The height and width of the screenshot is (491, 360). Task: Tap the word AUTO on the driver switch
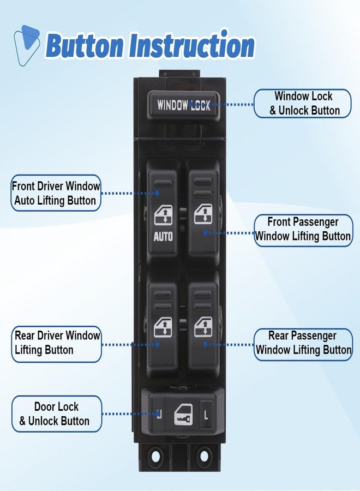pyautogui.click(x=163, y=236)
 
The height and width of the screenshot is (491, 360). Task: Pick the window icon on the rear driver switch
pyautogui.click(x=163, y=327)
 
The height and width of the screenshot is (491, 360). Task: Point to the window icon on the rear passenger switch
pyautogui.click(x=203, y=327)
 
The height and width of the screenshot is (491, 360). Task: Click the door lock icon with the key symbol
pyautogui.click(x=183, y=415)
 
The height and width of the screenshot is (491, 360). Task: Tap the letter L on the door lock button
pyautogui.click(x=206, y=415)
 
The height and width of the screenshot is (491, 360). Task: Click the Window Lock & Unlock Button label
pyautogui.click(x=302, y=104)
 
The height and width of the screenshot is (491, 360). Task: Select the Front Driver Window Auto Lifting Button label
pyautogui.click(x=56, y=193)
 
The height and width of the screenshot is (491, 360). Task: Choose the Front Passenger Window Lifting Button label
pyautogui.click(x=303, y=230)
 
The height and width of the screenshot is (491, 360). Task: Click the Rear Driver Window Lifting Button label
pyautogui.click(x=57, y=344)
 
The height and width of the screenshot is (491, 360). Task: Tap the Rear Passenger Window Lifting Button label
pyautogui.click(x=303, y=344)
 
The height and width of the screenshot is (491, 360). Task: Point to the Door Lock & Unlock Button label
pyautogui.click(x=57, y=414)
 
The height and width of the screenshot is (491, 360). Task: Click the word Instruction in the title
pyautogui.click(x=191, y=45)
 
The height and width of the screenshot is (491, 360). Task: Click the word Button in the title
pyautogui.click(x=85, y=46)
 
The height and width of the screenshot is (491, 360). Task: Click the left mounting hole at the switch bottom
pyautogui.click(x=155, y=456)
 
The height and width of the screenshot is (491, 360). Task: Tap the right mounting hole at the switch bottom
pyautogui.click(x=203, y=456)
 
